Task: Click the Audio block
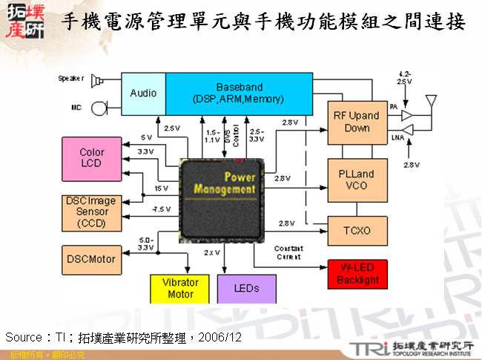(x=143, y=93)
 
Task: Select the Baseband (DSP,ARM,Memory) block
(x=239, y=93)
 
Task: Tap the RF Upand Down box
(x=356, y=122)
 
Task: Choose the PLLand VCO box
(x=356, y=180)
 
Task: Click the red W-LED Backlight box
(x=357, y=275)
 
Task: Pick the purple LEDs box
(x=246, y=289)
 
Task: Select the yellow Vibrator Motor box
(x=180, y=289)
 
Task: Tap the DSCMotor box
(x=92, y=259)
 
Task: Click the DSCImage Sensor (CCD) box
(x=92, y=212)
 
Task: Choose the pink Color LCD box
(x=92, y=158)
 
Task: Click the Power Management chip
(x=222, y=200)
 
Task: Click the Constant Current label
(x=288, y=252)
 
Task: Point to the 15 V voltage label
(x=161, y=189)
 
